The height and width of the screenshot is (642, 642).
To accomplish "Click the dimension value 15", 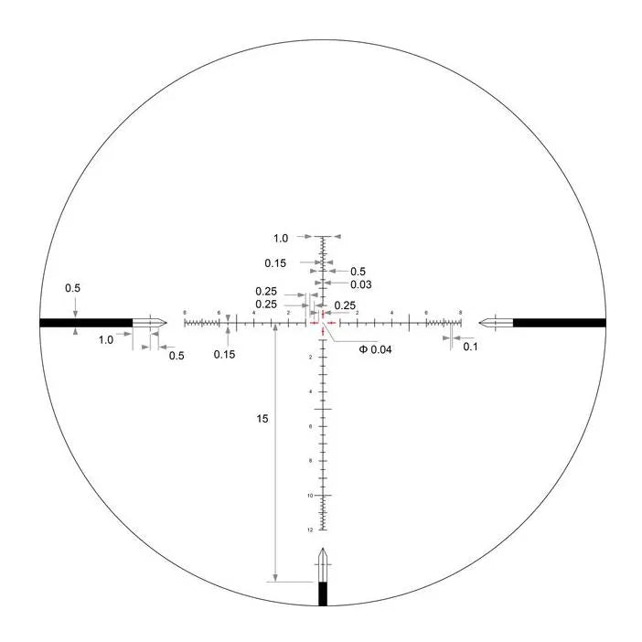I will (262, 418).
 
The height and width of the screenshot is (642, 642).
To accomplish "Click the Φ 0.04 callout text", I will (375, 349).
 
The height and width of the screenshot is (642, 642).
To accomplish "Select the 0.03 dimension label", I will (359, 284).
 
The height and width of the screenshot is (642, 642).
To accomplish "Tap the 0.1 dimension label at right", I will (471, 347).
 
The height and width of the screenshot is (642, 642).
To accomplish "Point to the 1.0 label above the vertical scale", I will (281, 238).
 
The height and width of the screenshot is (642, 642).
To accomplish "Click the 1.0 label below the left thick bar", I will (106, 339).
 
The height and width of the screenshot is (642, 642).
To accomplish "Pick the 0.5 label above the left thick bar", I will (72, 289).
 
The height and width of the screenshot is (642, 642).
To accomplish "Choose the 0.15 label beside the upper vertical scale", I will (275, 263).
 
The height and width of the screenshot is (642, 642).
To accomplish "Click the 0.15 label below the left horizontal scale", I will (224, 354).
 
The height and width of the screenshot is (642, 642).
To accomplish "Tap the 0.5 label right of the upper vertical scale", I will (358, 272).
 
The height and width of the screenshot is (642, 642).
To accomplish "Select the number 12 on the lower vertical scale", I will (311, 530).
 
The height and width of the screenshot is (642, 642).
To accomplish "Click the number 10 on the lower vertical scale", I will (311, 496).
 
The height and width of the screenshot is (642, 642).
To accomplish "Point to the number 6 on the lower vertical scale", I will (311, 426).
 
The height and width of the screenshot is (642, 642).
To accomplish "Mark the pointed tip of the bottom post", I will (322, 550).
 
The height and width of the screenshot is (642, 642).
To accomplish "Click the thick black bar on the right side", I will (559, 322).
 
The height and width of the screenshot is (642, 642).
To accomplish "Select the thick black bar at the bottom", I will (322, 594).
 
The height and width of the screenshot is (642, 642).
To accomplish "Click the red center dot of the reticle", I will (322, 322).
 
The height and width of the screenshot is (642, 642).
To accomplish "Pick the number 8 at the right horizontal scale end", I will (460, 313).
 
